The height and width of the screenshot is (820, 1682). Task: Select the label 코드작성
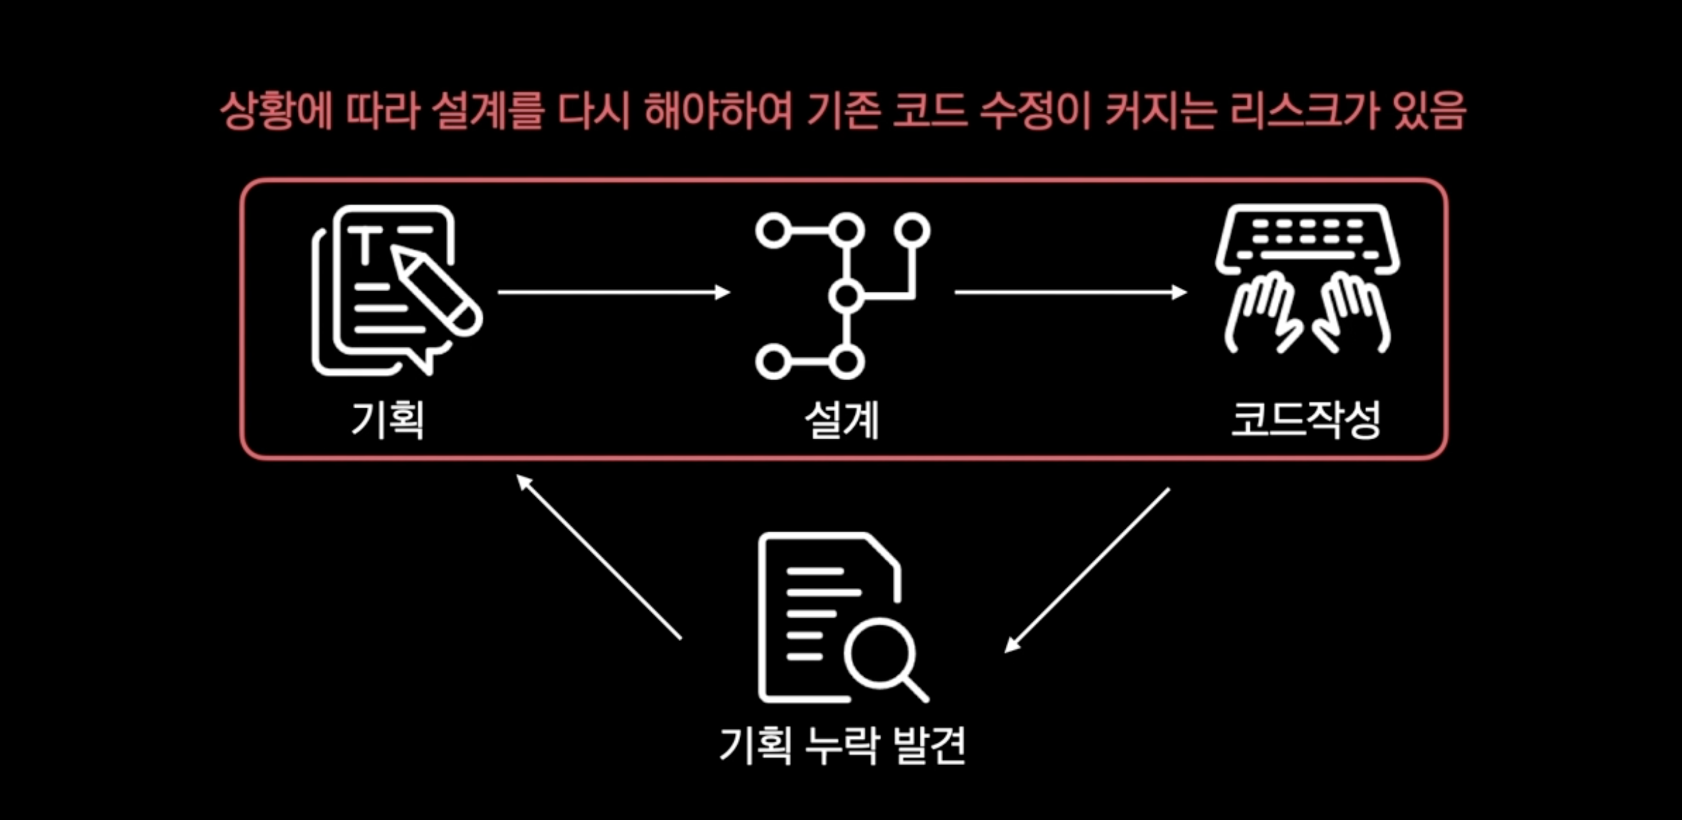point(1305,419)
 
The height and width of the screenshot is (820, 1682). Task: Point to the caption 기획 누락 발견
point(842,745)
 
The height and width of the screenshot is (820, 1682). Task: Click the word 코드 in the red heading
point(929,111)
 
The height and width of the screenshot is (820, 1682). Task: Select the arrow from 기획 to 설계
point(613,292)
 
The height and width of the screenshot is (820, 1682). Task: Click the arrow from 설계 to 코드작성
point(1070,292)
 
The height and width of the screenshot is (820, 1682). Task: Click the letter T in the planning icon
point(366,245)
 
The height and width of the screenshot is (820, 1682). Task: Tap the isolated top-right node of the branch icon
point(912,230)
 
